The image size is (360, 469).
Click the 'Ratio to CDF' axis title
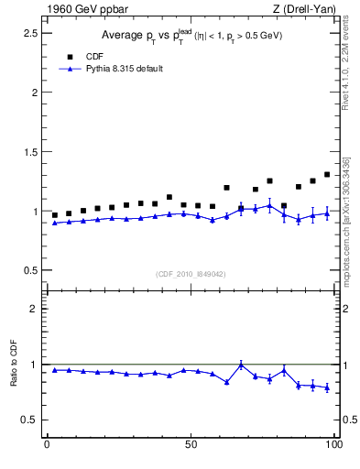point(15,364)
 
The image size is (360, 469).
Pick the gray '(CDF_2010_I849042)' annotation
point(191,273)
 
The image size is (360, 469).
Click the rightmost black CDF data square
point(327,174)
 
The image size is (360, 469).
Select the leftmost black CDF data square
point(54,215)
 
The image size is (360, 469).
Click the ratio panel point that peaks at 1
point(241,365)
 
